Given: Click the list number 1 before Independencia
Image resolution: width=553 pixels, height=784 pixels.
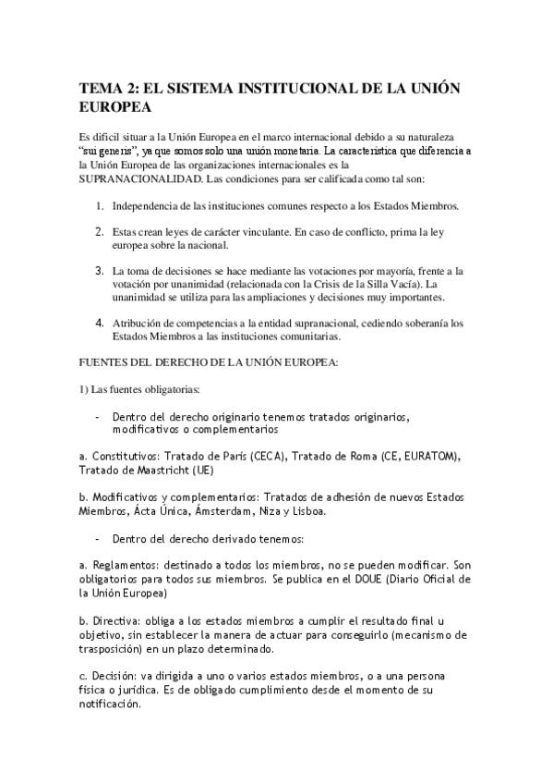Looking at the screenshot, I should (x=100, y=204).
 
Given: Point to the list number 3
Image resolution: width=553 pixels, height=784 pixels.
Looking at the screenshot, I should (x=100, y=271).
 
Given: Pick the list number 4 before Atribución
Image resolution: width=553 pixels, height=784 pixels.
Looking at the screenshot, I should (x=100, y=323).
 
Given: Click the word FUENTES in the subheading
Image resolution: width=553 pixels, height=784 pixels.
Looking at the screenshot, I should (x=106, y=361).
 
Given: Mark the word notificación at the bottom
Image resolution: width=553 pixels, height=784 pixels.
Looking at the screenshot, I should (x=111, y=703).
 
